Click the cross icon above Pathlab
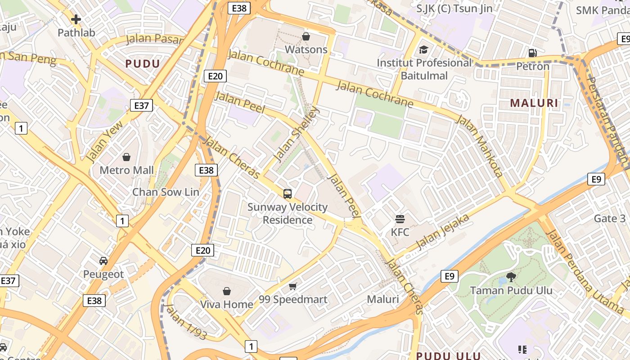point(76,19)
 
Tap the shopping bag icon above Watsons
point(306,36)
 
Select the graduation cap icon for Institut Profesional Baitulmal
point(424,49)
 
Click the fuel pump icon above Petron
point(532,53)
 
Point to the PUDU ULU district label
point(448,355)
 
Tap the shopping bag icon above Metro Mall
point(126,157)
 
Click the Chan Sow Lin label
point(165,192)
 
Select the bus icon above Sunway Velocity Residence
point(288,194)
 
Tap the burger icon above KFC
point(400,219)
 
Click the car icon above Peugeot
point(103,261)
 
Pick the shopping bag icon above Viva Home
point(227,291)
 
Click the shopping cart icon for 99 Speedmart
point(293,286)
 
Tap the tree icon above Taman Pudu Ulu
point(511,277)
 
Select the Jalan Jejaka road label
point(443,232)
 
